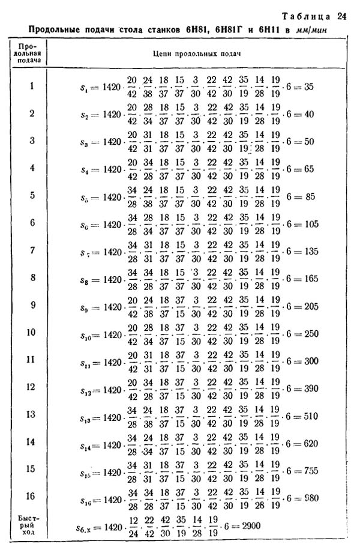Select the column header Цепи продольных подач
click(201, 53)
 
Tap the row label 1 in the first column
click(31, 86)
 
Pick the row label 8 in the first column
click(31, 277)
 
